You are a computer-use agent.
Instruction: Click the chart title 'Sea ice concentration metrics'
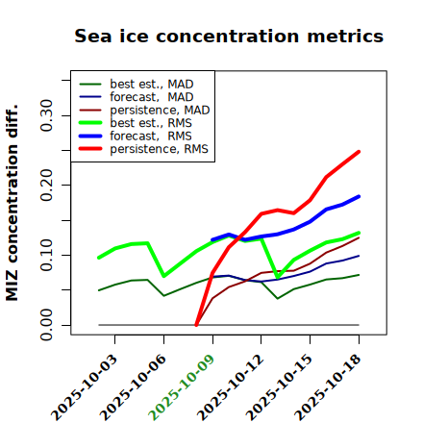click(x=229, y=37)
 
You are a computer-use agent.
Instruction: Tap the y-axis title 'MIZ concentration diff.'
click(x=12, y=203)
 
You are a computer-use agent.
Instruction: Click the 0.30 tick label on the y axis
click(x=47, y=115)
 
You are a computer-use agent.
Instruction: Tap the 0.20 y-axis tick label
click(x=47, y=186)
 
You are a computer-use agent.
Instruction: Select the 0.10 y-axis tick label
click(x=47, y=255)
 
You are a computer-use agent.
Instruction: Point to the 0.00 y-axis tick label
click(x=47, y=325)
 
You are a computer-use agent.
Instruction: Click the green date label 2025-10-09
click(x=182, y=387)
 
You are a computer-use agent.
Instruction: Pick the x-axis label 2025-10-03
click(x=85, y=387)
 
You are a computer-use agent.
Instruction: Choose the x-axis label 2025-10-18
click(x=328, y=387)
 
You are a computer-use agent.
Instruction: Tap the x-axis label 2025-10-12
click(x=231, y=387)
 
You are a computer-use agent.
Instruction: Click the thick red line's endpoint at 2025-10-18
click(x=359, y=152)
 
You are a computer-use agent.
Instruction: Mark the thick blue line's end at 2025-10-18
click(x=359, y=196)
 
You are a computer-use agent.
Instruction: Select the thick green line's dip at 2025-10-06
click(x=164, y=276)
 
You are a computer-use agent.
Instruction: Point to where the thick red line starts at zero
click(x=196, y=325)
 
